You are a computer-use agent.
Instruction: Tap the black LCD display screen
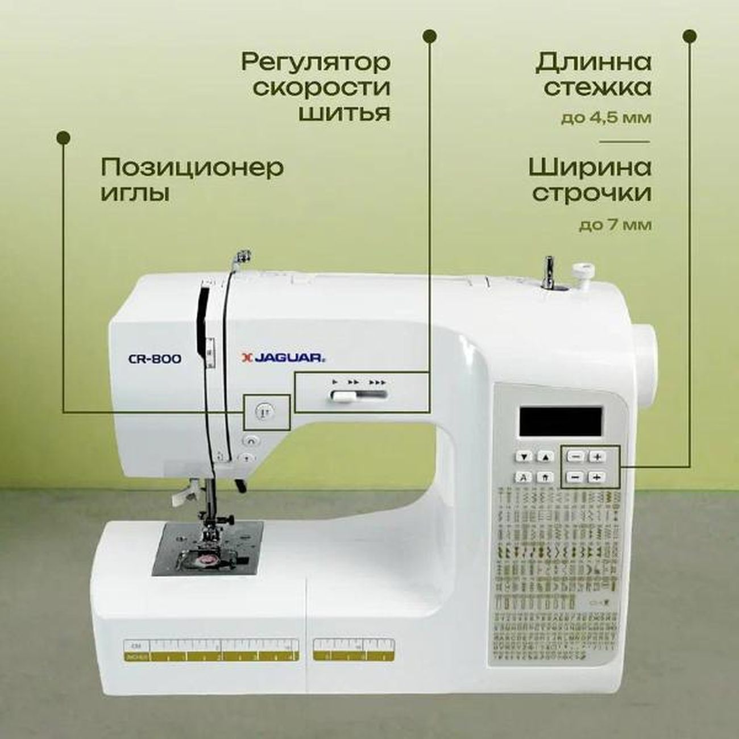[560, 421]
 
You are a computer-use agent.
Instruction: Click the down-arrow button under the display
[525, 456]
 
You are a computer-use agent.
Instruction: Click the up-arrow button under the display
[545, 456]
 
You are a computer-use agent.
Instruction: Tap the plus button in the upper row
[597, 456]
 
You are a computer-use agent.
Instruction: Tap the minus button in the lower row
[576, 477]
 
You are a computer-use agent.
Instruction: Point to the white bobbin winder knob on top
[581, 269]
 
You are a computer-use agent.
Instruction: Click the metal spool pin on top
[549, 273]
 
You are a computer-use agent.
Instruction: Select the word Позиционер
[192, 168]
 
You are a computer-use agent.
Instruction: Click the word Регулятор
[317, 61]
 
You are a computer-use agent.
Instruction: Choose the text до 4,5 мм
[606, 118]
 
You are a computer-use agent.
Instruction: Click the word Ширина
[590, 167]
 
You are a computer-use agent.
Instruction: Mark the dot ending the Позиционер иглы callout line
[64, 137]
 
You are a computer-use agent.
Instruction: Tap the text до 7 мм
[615, 225]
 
